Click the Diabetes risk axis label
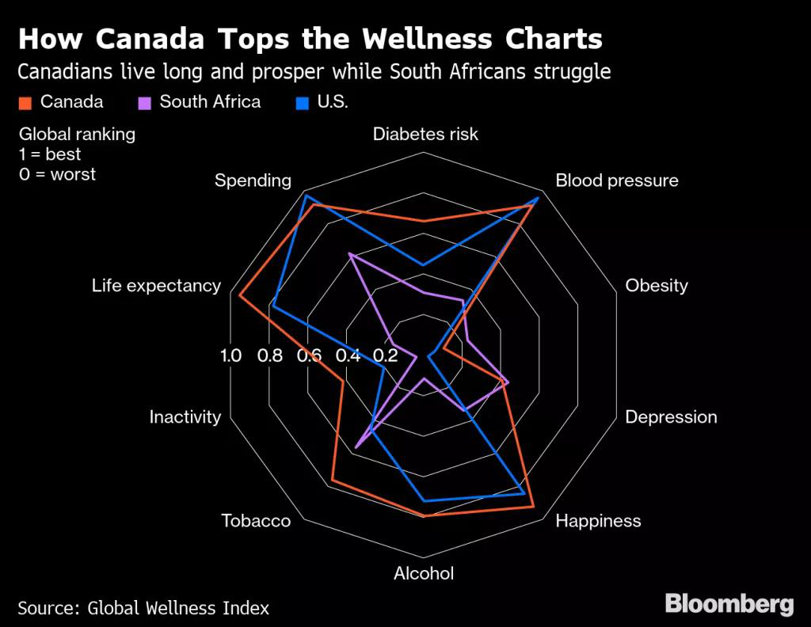pyautogui.click(x=425, y=134)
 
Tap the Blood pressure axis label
pyautogui.click(x=616, y=180)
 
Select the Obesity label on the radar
pyautogui.click(x=657, y=286)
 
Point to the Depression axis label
pyautogui.click(x=671, y=417)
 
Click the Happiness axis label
pyautogui.click(x=598, y=521)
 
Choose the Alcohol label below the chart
pyautogui.click(x=424, y=573)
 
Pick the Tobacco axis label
pyautogui.click(x=256, y=521)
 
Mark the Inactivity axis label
pyautogui.click(x=185, y=417)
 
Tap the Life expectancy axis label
pyautogui.click(x=156, y=286)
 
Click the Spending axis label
pyautogui.click(x=253, y=180)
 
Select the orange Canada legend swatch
pyautogui.click(x=25, y=103)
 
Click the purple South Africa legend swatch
pyautogui.click(x=144, y=103)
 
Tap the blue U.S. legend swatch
pyautogui.click(x=302, y=103)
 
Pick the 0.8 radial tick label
pyautogui.click(x=270, y=355)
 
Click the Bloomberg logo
pyautogui.click(x=729, y=604)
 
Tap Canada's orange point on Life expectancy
pyautogui.click(x=239, y=296)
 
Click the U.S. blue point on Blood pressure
pyautogui.click(x=538, y=198)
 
